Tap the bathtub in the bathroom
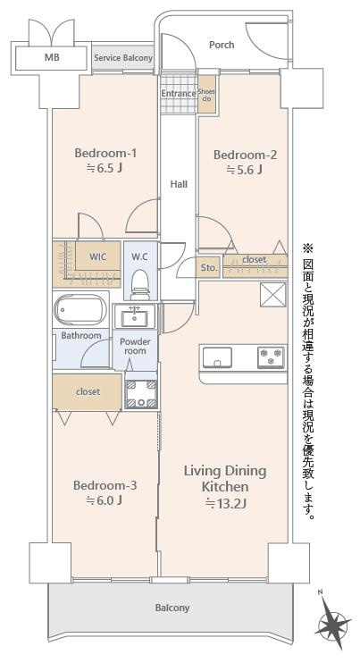coord(80,310)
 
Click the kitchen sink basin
coord(217,357)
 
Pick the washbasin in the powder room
coord(135,317)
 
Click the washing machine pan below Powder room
coord(141,394)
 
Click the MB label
coord(52,57)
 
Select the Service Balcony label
coord(123,58)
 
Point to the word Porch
coord(222,45)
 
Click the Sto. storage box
coord(208,267)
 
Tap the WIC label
coord(97,256)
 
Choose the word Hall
coord(179,184)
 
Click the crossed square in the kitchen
coord(273,294)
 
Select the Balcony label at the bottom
coord(172,608)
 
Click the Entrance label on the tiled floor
coord(179,94)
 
